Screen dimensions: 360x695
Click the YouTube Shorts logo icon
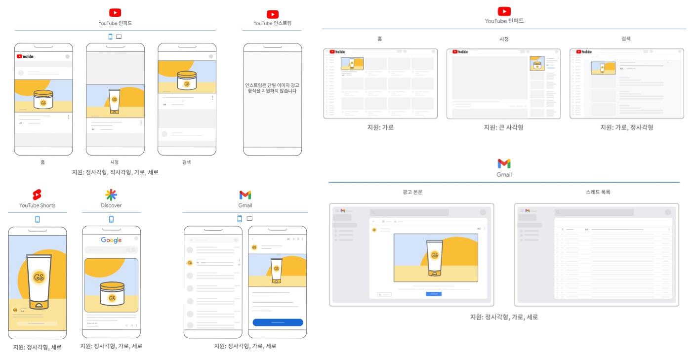tap(37, 195)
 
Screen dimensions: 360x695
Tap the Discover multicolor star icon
tap(111, 195)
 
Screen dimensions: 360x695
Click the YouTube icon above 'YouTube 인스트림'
tap(272, 14)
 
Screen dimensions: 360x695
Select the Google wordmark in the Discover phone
tap(111, 240)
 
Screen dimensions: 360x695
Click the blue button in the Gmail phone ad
tap(278, 322)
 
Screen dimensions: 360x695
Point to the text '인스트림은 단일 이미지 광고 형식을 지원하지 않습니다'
tap(272, 88)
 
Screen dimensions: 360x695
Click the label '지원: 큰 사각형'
tap(503, 127)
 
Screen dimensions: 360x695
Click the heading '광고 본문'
tap(412, 192)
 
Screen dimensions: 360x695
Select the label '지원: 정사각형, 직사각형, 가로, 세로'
tap(115, 172)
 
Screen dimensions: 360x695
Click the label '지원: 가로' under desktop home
tap(380, 127)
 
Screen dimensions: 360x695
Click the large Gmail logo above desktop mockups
tap(504, 163)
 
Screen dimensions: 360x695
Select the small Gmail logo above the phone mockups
tap(245, 195)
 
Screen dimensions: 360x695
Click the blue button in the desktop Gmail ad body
tap(434, 294)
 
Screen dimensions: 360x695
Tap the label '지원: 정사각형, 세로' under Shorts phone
tap(38, 347)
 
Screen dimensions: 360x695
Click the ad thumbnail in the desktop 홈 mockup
tap(352, 63)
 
